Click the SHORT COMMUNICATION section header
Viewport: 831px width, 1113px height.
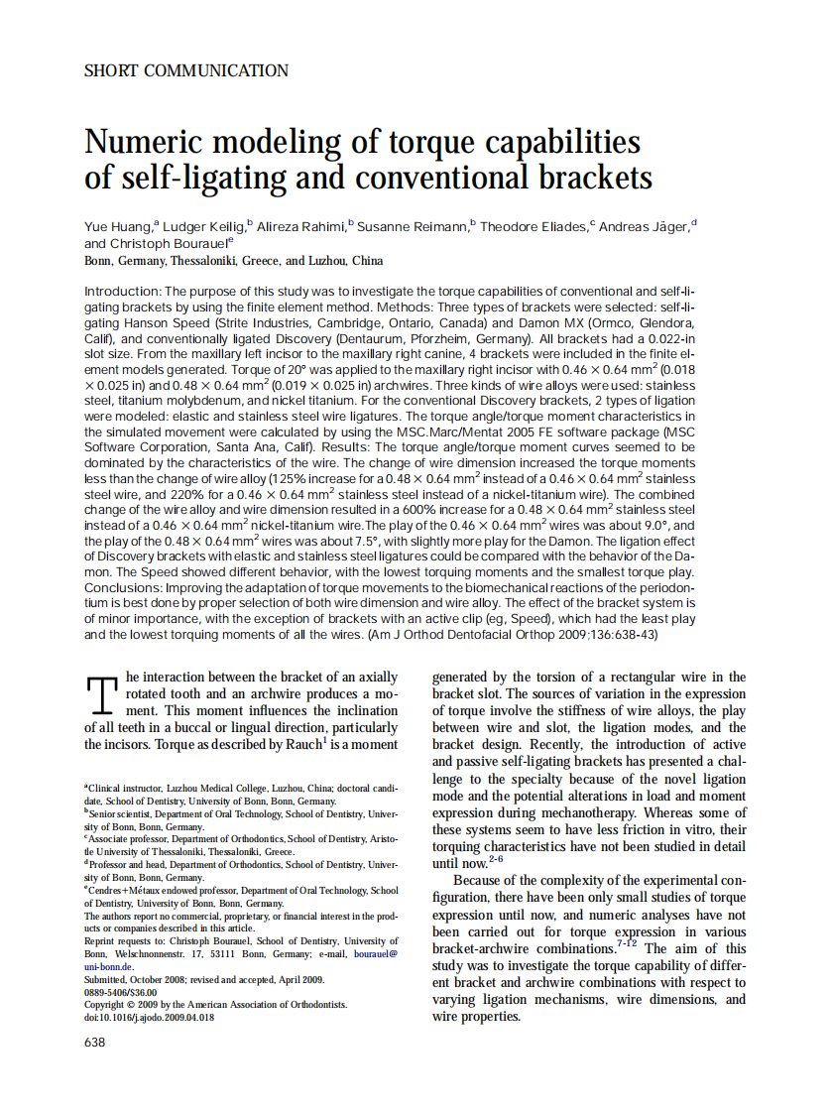[186, 71]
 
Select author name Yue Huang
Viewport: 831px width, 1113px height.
[117, 227]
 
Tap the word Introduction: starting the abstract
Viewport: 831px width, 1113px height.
[123, 292]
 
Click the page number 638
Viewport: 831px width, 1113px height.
[95, 1042]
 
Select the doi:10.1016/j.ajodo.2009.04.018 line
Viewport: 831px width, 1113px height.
[148, 1017]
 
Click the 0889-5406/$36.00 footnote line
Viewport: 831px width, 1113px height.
[120, 991]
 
